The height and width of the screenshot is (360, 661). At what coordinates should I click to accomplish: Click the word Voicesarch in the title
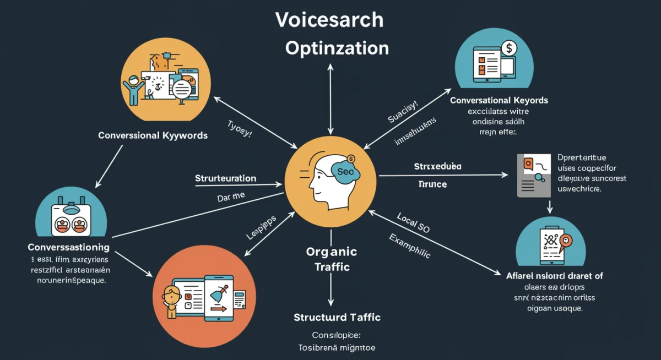click(x=329, y=20)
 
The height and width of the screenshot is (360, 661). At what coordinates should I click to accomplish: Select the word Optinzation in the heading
click(x=337, y=48)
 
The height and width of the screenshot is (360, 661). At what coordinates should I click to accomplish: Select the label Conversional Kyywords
click(x=153, y=135)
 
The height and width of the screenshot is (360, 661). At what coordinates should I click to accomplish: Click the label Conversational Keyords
click(x=499, y=101)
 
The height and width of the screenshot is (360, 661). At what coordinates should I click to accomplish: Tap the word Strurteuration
click(x=225, y=178)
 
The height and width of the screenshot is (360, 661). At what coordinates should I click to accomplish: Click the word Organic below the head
click(x=331, y=252)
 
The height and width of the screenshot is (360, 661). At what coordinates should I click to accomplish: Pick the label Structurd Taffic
click(x=337, y=318)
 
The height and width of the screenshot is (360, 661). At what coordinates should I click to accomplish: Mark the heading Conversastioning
click(x=68, y=248)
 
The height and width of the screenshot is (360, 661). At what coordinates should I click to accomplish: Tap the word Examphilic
click(x=410, y=246)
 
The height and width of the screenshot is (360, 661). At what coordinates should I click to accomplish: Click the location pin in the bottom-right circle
click(x=564, y=241)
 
